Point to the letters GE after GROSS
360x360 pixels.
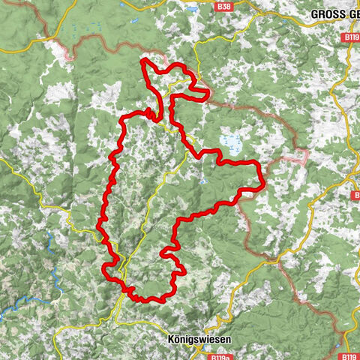351,13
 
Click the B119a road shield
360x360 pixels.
219,357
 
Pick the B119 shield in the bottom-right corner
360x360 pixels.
349,357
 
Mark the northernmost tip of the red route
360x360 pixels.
142,58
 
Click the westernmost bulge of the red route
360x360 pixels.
100,225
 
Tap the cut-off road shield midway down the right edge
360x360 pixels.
355,195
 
